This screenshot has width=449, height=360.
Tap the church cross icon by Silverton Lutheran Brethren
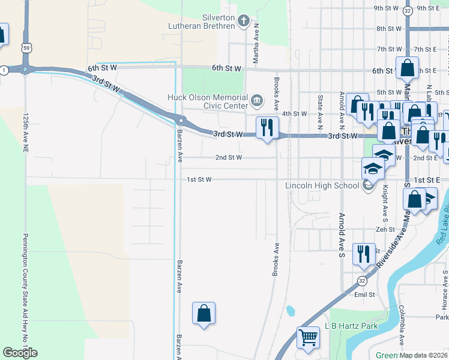[x=244, y=22]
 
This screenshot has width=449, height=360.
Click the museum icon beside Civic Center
[x=257, y=99]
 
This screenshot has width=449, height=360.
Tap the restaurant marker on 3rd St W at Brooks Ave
[x=267, y=128]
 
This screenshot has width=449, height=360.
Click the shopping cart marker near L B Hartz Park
[x=309, y=337]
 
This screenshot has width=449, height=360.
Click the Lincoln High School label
[x=322, y=185]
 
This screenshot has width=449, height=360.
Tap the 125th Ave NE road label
[x=26, y=137]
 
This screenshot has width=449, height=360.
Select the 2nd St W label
[x=229, y=158]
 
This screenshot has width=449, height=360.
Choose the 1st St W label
[x=199, y=179]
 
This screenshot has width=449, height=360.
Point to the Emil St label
[x=364, y=295]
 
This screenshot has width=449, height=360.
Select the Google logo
[x=20, y=353]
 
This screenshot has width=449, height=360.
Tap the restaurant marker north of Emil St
[x=363, y=254]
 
